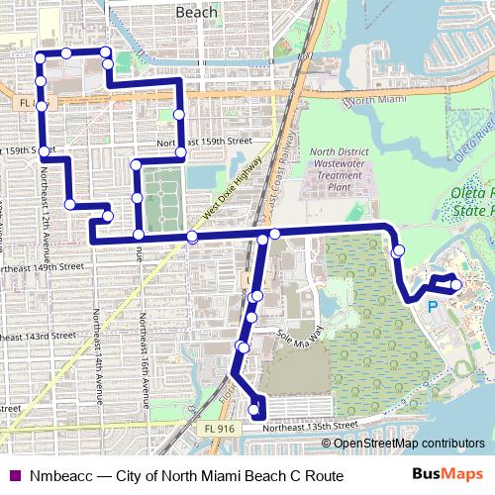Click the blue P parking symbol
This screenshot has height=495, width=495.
point(432,307)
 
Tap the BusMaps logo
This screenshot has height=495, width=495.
point(447,474)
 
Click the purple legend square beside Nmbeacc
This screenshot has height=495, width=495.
point(14,475)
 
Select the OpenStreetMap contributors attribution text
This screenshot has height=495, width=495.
point(409,443)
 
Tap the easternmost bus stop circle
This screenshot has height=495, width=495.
point(456,285)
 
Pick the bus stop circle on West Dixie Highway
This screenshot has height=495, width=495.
point(191,238)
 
